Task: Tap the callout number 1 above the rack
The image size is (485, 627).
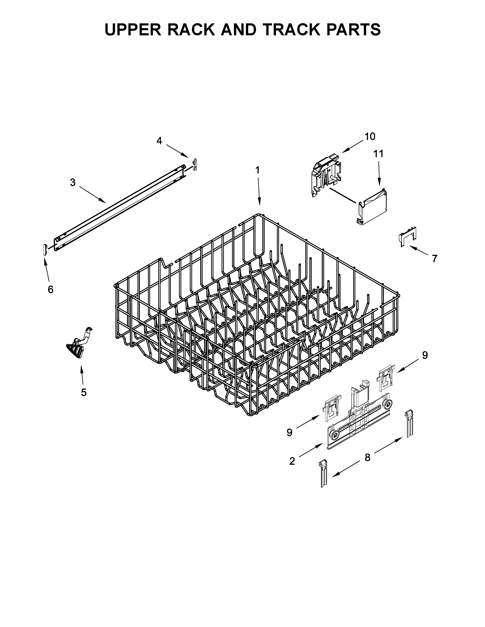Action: (x=258, y=170)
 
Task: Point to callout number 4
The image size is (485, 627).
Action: (x=159, y=141)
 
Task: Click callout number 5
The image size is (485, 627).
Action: (x=84, y=392)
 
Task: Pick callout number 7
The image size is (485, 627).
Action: (x=434, y=258)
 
